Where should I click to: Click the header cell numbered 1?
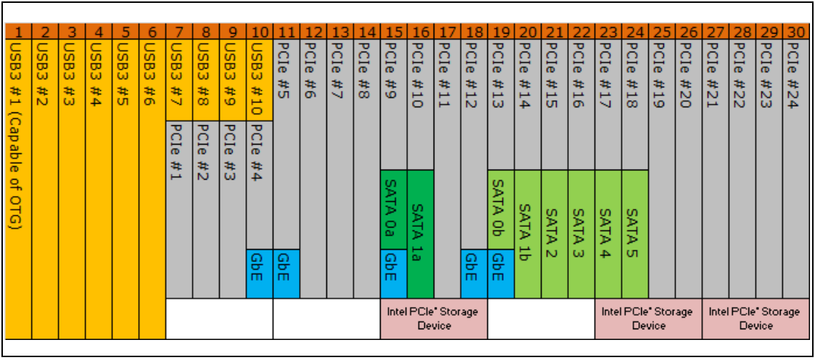(x=18, y=31)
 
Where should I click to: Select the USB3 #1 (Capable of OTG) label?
(x=18, y=136)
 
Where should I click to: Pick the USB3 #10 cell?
(x=259, y=79)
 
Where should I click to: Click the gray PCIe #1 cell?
(x=179, y=208)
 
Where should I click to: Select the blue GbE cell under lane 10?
(x=259, y=273)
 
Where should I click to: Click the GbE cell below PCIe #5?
(x=286, y=273)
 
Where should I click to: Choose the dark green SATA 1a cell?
(x=420, y=233)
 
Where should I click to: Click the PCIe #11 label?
(x=447, y=75)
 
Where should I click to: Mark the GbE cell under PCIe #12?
(x=474, y=273)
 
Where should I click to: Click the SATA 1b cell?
(x=527, y=233)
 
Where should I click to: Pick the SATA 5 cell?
(x=635, y=233)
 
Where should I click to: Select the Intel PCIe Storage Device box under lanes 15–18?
(x=434, y=318)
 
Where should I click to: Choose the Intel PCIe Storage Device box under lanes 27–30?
(x=756, y=318)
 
